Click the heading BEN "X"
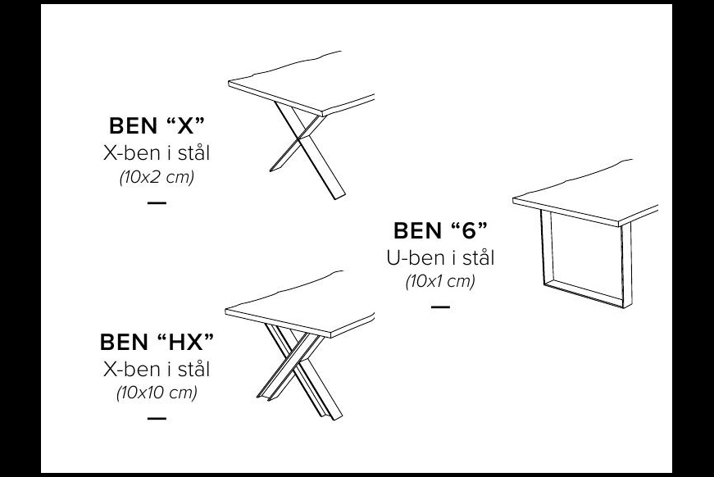click(157, 125)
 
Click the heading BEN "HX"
click(157, 342)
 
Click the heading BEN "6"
click(440, 230)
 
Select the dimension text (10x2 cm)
click(157, 176)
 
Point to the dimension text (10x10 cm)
click(157, 393)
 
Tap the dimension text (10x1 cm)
click(440, 281)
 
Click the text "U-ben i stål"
click(440, 257)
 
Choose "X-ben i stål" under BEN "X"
click(157, 153)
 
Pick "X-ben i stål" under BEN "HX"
click(157, 369)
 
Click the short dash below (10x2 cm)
click(157, 202)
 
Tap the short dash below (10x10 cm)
click(157, 418)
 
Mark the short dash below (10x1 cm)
click(440, 307)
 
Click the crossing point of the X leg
click(299, 138)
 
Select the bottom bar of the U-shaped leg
click(584, 293)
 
